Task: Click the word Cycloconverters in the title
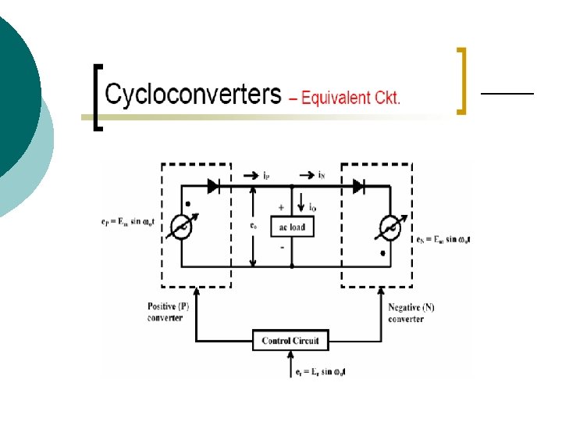click(193, 96)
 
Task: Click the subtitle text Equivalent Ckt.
click(345, 98)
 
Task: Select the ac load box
click(291, 227)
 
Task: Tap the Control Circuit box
click(290, 341)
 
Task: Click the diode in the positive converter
click(213, 186)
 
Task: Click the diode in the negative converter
click(358, 186)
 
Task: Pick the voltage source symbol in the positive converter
click(181, 227)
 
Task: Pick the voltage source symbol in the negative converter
click(389, 227)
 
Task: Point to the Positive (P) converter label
click(168, 313)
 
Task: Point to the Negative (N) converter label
click(411, 313)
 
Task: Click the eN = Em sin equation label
click(443, 238)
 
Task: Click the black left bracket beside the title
click(97, 98)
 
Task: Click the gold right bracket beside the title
click(461, 80)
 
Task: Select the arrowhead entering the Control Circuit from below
click(290, 352)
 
